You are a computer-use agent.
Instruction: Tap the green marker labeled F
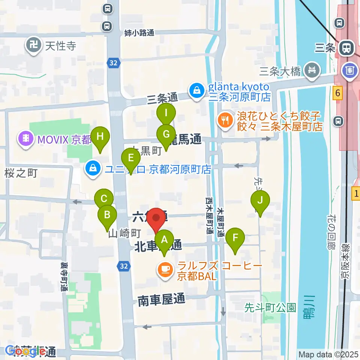[x=235, y=237]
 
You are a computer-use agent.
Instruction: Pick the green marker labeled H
[x=100, y=136]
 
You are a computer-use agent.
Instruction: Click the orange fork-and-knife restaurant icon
[x=225, y=120]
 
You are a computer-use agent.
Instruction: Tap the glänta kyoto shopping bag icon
[x=196, y=90]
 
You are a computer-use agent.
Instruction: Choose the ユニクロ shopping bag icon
[x=92, y=169]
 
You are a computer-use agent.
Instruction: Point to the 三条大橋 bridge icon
[x=312, y=70]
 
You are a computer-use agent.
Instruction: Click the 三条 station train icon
[x=345, y=48]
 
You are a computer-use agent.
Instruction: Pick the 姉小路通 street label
[x=139, y=33]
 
